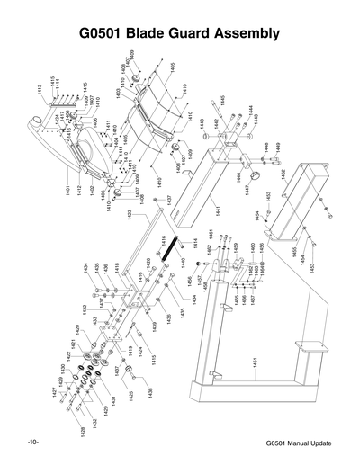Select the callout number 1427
point(53,393)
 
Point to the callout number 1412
point(79,189)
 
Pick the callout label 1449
point(277,147)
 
